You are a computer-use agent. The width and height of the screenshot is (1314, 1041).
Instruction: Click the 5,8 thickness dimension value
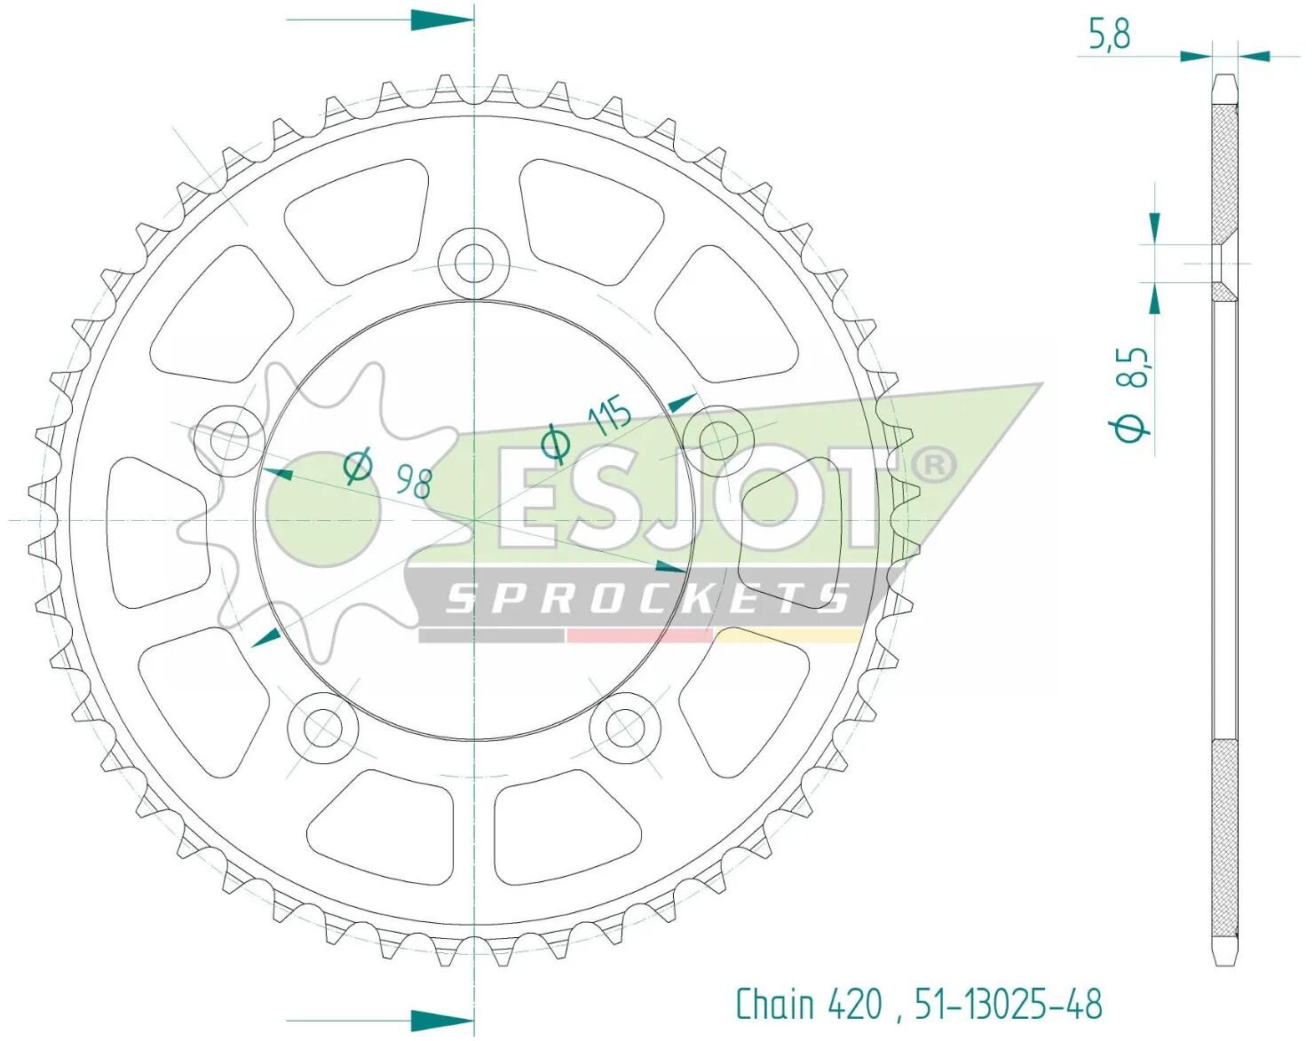click(x=1110, y=35)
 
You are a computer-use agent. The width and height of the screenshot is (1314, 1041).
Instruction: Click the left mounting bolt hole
click(x=230, y=440)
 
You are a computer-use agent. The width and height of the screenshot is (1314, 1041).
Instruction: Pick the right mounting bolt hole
click(x=718, y=440)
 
